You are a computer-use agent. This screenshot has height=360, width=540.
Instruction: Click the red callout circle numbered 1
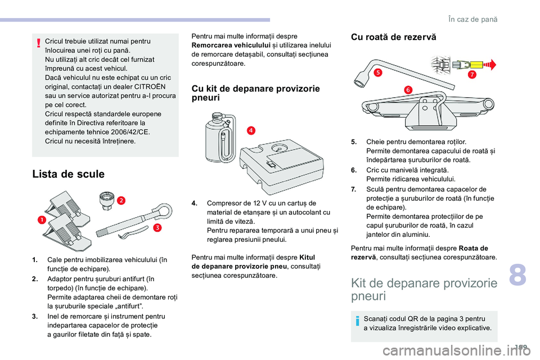click(x=41, y=219)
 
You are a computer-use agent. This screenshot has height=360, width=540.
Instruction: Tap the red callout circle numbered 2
click(x=121, y=200)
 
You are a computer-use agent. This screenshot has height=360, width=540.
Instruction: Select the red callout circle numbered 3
click(x=157, y=227)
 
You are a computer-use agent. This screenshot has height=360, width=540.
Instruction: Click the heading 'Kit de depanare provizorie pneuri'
click(x=423, y=289)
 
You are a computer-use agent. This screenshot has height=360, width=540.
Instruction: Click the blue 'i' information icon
click(x=357, y=323)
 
